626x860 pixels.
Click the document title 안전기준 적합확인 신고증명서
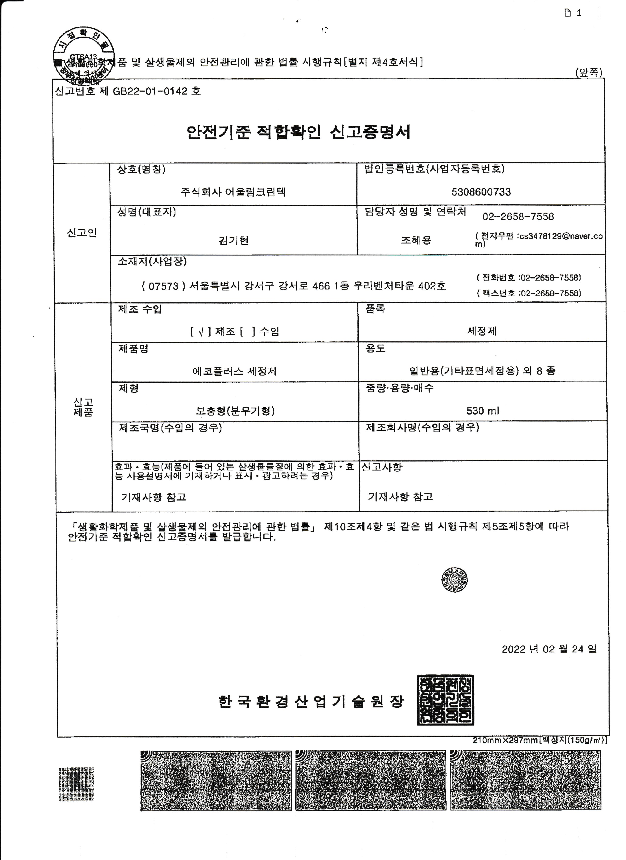299,132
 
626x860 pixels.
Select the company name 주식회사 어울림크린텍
233,192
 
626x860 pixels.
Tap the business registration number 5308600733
481,192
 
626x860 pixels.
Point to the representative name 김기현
233,240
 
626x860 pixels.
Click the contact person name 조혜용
416,240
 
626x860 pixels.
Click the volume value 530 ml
482,411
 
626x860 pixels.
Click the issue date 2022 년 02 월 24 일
549,649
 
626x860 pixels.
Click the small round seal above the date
454,580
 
